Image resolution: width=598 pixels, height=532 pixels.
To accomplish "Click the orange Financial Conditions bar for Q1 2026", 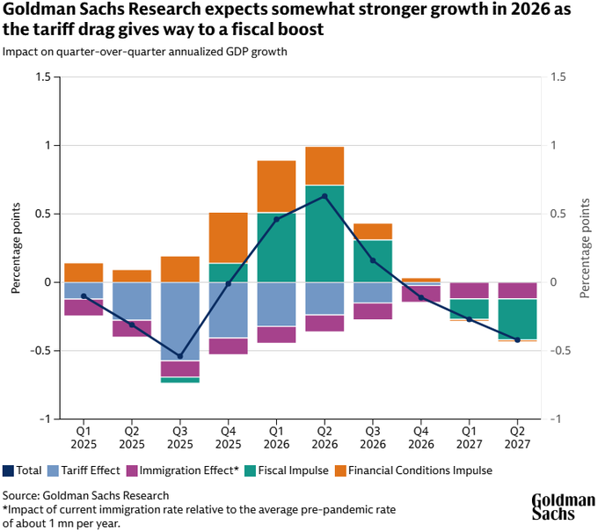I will coord(276,186).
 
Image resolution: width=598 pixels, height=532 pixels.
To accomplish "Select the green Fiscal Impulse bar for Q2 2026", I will coord(325,234).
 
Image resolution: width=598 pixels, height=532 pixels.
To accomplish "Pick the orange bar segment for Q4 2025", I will coord(229,237).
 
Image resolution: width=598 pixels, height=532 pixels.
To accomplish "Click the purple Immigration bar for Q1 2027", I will coord(469,291).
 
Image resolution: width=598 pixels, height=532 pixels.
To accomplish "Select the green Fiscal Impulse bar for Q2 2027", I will coord(517,319).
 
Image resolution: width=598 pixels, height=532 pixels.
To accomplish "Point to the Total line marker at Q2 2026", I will coord(325,196).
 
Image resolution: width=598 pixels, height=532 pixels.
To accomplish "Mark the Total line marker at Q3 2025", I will coord(180,356).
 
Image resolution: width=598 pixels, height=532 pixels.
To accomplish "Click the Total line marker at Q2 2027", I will coord(517,339).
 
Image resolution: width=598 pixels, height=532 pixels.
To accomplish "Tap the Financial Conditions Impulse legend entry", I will coord(412,470).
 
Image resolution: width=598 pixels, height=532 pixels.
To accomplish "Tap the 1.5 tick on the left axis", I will coord(43,77).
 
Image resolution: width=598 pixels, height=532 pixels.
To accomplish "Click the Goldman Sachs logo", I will coord(563,508).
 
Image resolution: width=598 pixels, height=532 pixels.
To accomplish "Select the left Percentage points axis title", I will coord(17,248).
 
